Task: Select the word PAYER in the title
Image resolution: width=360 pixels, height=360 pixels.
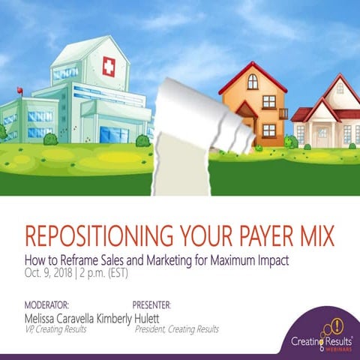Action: coord(253,235)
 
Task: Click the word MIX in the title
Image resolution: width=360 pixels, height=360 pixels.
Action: coord(313,235)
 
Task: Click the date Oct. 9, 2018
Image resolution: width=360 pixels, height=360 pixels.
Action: coord(50,272)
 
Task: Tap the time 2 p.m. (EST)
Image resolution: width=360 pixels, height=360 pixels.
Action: coord(109,272)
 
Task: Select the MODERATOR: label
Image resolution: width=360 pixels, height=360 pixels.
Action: coord(47,305)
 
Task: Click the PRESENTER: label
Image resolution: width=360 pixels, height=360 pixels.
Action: coord(152,305)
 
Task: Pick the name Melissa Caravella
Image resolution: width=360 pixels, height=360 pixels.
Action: coord(67,317)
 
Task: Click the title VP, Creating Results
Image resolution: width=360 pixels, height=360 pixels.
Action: coord(55,328)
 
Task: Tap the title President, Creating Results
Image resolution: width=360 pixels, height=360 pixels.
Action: coord(177,328)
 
